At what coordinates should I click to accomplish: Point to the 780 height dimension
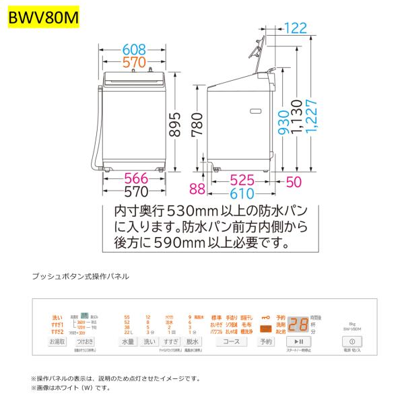[x=195, y=125]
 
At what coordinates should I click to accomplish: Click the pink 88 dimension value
[x=197, y=189]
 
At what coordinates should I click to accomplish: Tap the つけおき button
[x=85, y=342]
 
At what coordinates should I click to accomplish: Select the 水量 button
[x=128, y=342]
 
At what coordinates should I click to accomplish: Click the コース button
[x=231, y=342]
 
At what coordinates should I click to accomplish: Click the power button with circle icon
[x=352, y=342]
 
